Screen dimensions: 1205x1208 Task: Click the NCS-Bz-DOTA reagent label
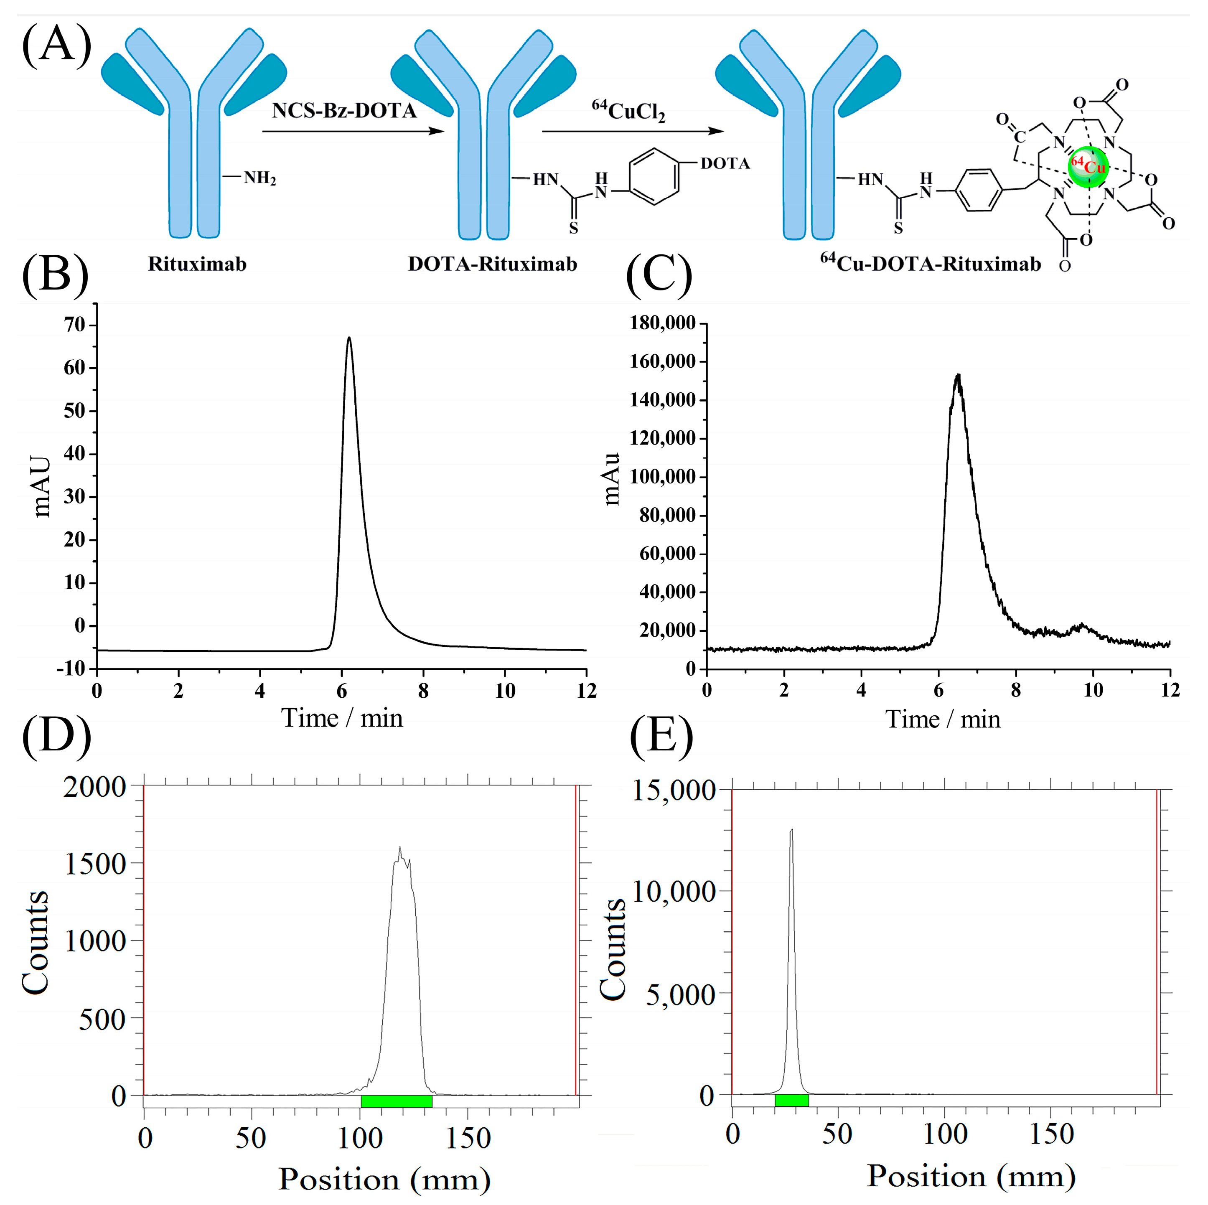[344, 111]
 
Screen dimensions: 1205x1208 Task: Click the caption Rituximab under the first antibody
[197, 264]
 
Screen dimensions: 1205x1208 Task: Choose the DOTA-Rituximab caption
[492, 264]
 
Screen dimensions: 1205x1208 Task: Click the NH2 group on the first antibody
[259, 178]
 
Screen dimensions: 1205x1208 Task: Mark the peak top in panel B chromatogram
[349, 338]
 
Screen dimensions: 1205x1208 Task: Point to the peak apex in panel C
[957, 376]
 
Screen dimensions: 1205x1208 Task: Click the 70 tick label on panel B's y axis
[74, 325]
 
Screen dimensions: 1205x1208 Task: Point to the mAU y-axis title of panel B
[42, 486]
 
